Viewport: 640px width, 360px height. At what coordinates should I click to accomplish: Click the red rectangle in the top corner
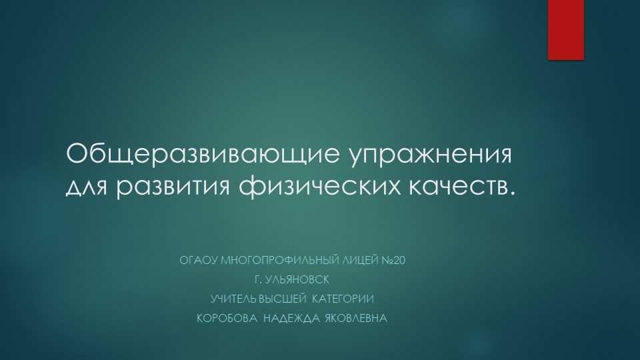click(566, 29)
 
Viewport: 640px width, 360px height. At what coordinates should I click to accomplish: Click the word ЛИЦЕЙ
click(361, 259)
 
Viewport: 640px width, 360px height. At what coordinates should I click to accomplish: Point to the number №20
click(394, 259)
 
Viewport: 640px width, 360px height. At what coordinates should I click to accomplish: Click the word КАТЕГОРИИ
click(353, 299)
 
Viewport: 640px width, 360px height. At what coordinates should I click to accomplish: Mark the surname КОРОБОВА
click(227, 319)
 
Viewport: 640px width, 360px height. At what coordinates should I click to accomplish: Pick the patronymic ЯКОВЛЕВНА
click(355, 319)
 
